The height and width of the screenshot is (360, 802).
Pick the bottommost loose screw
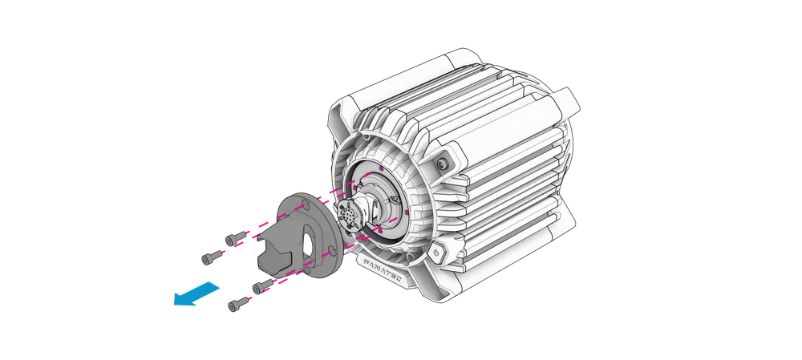tap(237, 304)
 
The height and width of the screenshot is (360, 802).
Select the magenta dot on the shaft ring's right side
tap(408, 212)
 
